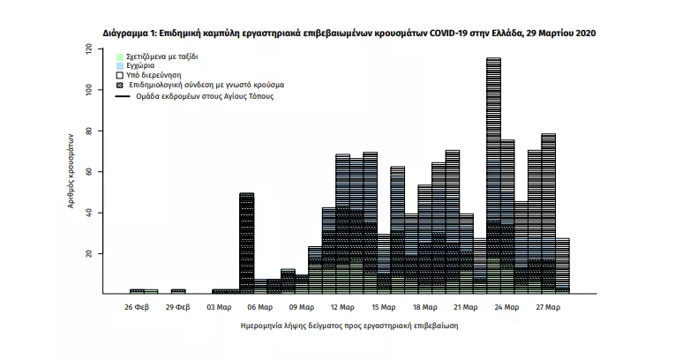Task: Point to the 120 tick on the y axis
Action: click(89, 49)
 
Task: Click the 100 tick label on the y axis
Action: click(89, 90)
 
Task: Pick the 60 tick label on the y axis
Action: click(89, 171)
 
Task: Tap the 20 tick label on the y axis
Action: click(89, 253)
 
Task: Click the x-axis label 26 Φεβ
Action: click(137, 307)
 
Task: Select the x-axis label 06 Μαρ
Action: click(259, 307)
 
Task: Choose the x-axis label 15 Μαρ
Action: click(382, 307)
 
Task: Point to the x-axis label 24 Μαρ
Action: click(506, 307)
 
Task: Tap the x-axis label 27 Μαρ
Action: click(547, 307)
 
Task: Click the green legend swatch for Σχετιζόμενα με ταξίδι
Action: click(120, 56)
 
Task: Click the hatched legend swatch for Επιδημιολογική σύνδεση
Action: click(120, 86)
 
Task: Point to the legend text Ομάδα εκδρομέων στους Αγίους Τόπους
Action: click(201, 95)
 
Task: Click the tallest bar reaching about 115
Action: click(493, 176)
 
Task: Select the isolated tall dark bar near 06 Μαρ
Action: click(247, 243)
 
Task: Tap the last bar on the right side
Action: click(562, 265)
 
